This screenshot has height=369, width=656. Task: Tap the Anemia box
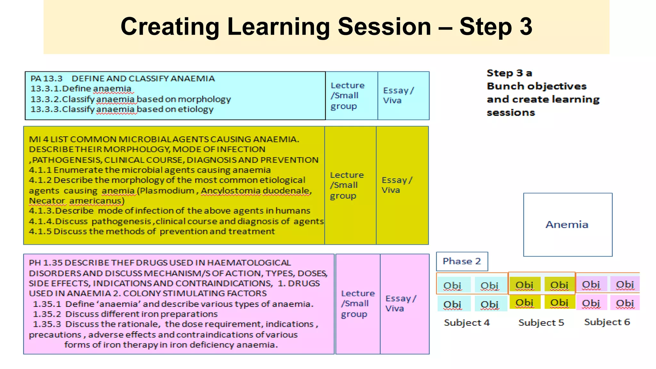coord(567,225)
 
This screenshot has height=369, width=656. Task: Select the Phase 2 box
coord(462,261)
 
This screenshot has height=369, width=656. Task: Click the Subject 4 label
coord(467,323)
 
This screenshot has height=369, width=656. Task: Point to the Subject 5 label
coord(541,323)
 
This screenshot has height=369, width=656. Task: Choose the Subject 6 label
coord(607,322)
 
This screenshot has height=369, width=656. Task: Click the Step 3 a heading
coord(509,73)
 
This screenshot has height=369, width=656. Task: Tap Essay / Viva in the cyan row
coord(398,95)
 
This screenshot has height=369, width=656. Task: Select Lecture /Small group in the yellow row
coord(347,185)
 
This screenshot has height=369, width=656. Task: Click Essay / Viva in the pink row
coord(400,303)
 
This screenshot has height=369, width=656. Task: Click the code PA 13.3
coord(46,78)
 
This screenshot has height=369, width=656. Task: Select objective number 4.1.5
coord(40,231)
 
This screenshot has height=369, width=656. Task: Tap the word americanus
coord(96,201)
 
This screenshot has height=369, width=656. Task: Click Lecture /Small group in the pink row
coord(357,303)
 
